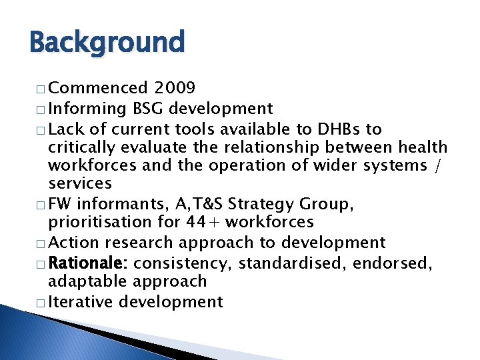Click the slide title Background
click(107, 43)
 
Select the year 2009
click(175, 88)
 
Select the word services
click(80, 183)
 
